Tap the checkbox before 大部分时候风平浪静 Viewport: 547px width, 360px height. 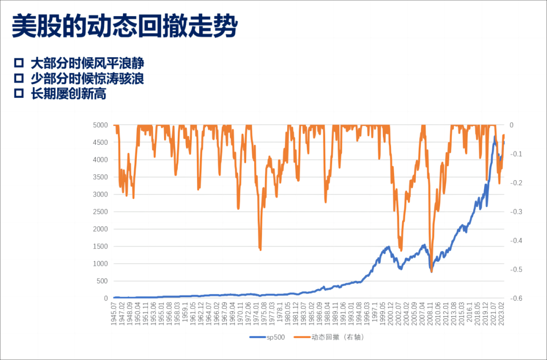(x=19, y=63)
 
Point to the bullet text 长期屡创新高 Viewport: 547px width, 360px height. (x=68, y=94)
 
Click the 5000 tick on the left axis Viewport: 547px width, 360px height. (x=100, y=125)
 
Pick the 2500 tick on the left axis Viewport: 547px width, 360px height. (x=100, y=212)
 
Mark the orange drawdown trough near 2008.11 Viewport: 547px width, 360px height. (x=432, y=271)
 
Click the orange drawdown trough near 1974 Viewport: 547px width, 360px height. (x=260, y=249)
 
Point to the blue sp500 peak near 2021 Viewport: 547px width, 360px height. (x=495, y=136)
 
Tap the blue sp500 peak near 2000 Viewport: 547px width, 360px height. (x=388, y=247)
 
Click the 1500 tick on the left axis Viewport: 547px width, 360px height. (x=100, y=247)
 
